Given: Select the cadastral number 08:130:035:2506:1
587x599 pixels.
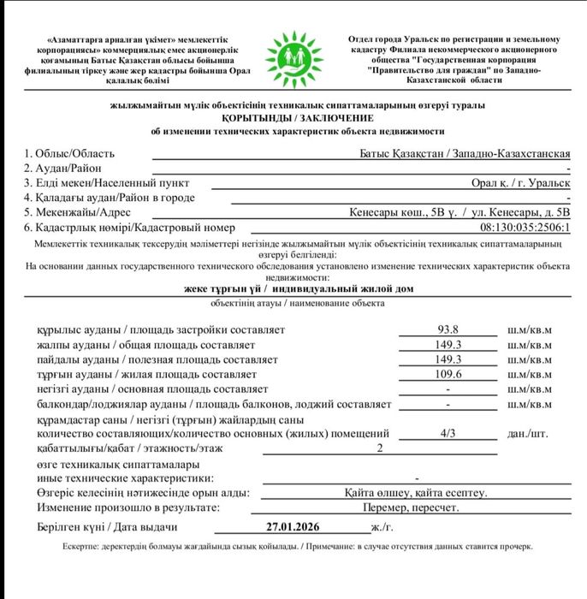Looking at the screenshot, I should pos(525,228).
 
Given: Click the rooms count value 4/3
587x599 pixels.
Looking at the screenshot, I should pos(448,433).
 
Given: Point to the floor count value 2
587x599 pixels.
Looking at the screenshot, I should pos(380,448).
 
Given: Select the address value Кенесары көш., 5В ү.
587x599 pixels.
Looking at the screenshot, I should pos(402,212).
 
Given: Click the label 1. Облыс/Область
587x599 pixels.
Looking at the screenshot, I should pos(69,153).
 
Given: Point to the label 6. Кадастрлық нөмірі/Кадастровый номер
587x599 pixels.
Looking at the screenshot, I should pos(129,228).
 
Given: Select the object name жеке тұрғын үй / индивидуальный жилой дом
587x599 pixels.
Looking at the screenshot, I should pos(298,289).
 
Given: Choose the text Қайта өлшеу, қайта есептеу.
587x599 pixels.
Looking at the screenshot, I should pos(416,493).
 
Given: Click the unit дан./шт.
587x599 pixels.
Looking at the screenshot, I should pos(528,433).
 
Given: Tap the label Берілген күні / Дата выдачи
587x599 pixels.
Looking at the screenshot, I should pos(107,527).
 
